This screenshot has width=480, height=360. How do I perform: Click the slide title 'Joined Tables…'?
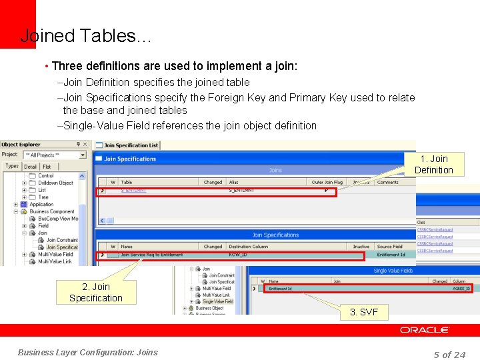(86, 36)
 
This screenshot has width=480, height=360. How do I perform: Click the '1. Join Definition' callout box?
(433, 164)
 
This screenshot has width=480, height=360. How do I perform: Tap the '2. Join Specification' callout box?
(95, 292)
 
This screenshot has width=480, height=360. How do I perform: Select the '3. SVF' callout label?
(364, 312)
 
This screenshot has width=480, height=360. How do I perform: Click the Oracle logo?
(424, 330)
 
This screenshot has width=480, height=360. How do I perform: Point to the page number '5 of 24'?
(449, 354)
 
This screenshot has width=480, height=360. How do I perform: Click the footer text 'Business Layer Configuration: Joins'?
(88, 352)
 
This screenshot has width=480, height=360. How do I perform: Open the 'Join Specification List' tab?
(131, 145)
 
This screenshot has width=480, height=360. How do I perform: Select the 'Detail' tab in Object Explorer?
(31, 166)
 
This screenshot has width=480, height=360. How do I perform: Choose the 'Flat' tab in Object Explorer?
(47, 166)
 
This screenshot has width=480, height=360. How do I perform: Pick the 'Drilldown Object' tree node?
(55, 183)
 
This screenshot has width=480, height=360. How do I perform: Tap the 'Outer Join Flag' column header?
(327, 182)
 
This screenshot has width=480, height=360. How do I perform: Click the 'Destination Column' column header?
(248, 246)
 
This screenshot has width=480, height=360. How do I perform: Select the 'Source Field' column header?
(389, 246)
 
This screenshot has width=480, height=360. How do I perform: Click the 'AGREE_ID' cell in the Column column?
(461, 289)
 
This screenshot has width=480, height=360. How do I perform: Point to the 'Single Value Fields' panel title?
(393, 271)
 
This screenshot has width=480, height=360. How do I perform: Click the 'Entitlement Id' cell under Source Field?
(391, 254)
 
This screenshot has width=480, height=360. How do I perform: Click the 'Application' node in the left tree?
(41, 204)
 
